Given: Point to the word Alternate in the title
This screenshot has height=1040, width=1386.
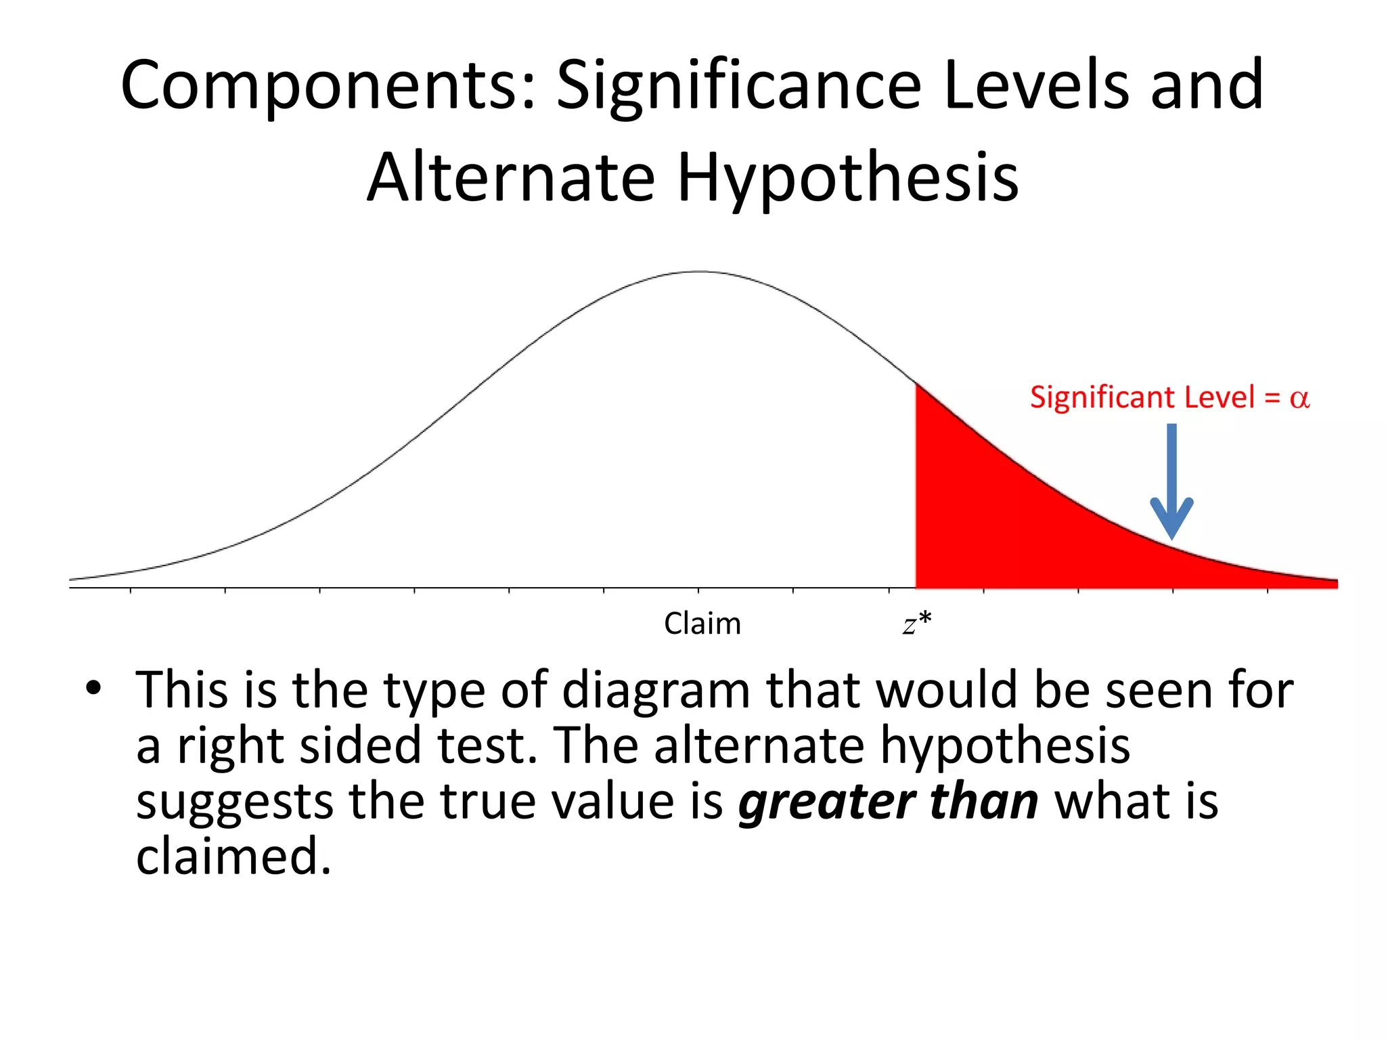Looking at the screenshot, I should pyautogui.click(x=511, y=177).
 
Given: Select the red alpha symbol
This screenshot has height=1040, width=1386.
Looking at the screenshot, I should pyautogui.click(x=1299, y=398).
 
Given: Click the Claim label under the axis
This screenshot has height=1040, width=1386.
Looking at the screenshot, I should pyautogui.click(x=702, y=624).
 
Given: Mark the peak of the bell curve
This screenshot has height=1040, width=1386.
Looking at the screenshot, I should pyautogui.click(x=700, y=272).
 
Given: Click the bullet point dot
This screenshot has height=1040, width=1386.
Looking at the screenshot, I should pyautogui.click(x=93, y=689).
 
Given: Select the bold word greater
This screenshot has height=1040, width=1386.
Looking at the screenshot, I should pyautogui.click(x=826, y=802).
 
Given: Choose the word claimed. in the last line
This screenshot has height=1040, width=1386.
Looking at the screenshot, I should pyautogui.click(x=233, y=857).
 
